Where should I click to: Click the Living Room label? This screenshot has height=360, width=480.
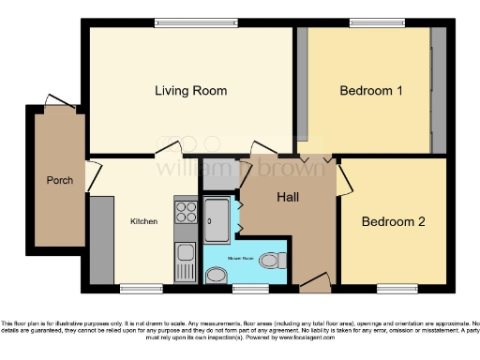(x=191, y=91)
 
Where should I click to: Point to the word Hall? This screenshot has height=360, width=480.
(x=288, y=198)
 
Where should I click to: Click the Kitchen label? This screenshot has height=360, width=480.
(x=143, y=221)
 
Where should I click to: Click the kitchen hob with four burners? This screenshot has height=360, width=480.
(x=185, y=212)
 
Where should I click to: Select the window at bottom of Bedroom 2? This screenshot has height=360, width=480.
(x=394, y=285)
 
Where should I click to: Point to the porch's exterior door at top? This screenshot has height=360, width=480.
(x=58, y=99)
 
